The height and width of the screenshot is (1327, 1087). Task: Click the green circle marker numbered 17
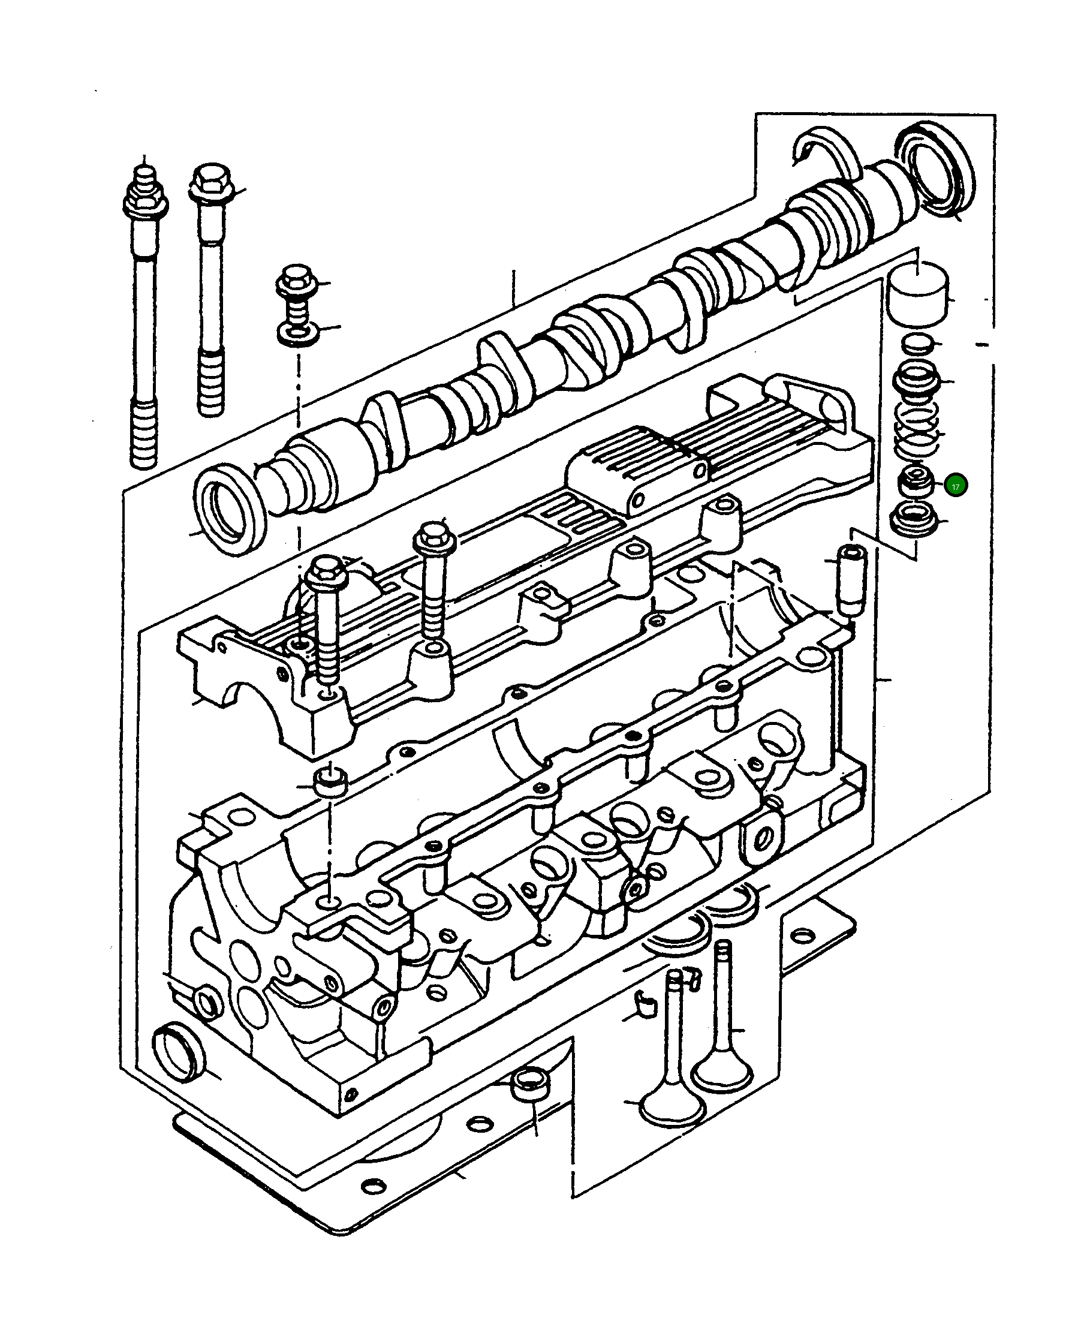click(956, 485)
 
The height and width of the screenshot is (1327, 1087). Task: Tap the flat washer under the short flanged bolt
click(297, 333)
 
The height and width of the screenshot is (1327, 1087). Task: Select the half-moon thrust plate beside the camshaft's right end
click(825, 152)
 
